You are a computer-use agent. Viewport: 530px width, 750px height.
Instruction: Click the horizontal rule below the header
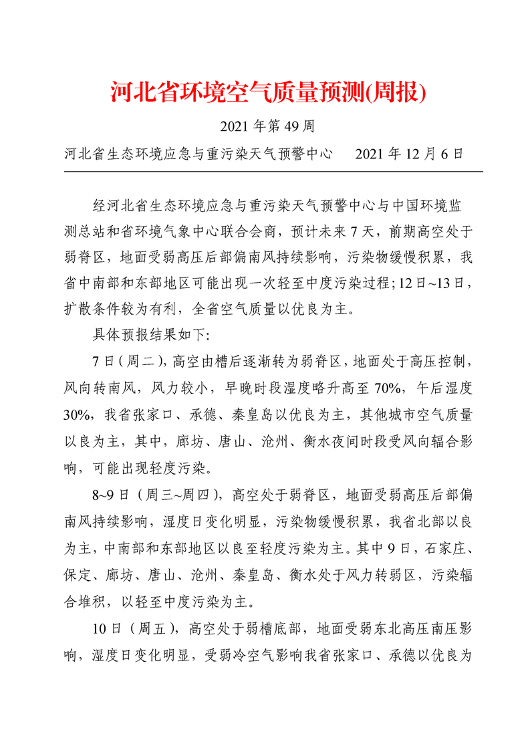[273, 172]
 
